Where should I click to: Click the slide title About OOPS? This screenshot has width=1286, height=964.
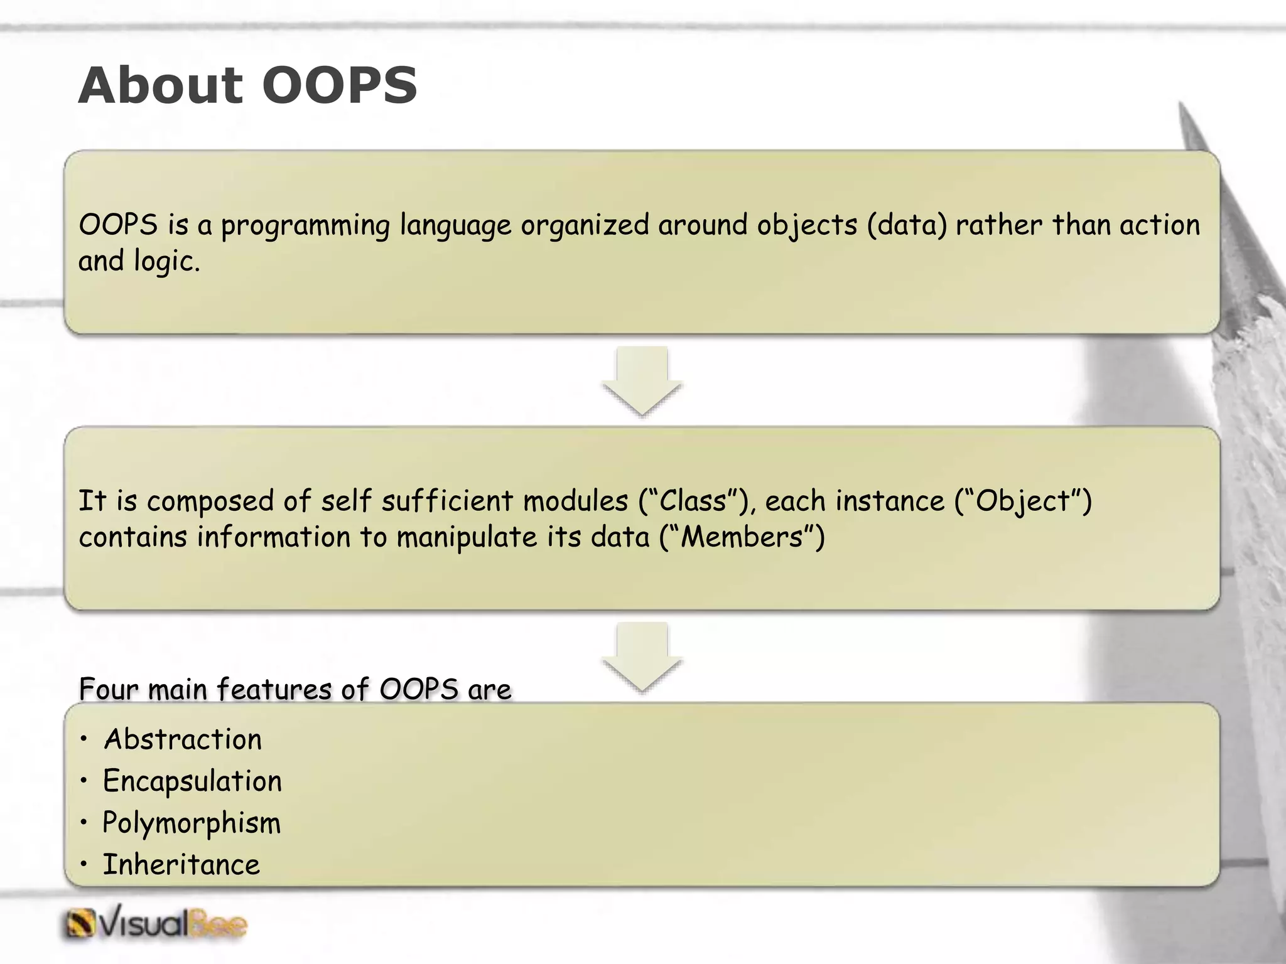point(247,85)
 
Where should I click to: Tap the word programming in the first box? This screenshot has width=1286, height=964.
point(305,226)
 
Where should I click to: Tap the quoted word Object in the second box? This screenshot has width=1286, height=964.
point(1023,501)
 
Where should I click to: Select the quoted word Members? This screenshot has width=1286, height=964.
point(742,537)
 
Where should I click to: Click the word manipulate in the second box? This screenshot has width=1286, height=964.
point(467,537)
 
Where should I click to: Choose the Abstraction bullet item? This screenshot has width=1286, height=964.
point(182,739)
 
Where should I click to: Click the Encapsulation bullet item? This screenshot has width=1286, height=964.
point(192,781)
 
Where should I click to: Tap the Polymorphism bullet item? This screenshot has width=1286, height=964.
point(192,823)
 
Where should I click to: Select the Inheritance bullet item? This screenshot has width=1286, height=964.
point(181,865)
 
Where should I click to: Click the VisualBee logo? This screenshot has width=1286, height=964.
point(156,925)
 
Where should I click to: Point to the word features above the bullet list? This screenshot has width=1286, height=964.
point(274,689)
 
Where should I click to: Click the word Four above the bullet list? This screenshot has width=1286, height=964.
point(108,689)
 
